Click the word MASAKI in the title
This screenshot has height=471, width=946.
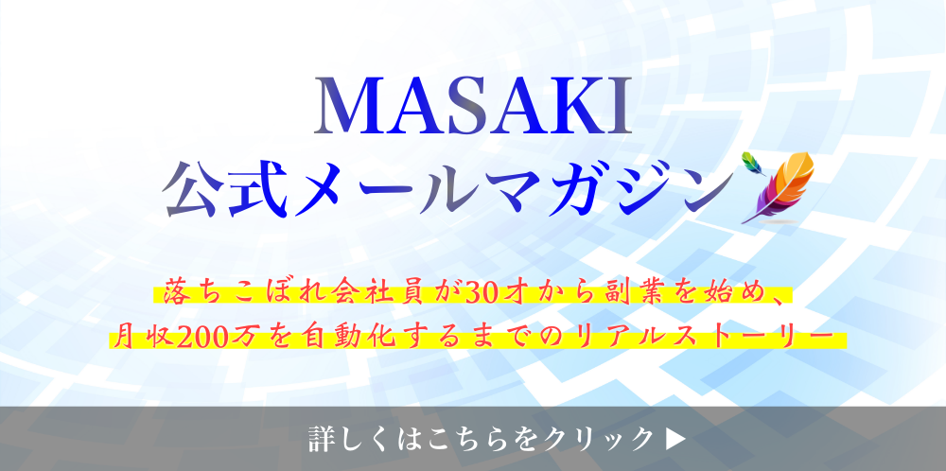[473, 106]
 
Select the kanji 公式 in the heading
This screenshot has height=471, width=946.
[224, 189]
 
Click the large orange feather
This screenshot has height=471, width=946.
[782, 187]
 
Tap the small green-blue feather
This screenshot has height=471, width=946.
[752, 163]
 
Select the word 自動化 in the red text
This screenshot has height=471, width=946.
[329, 339]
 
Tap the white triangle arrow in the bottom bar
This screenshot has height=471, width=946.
[677, 439]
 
